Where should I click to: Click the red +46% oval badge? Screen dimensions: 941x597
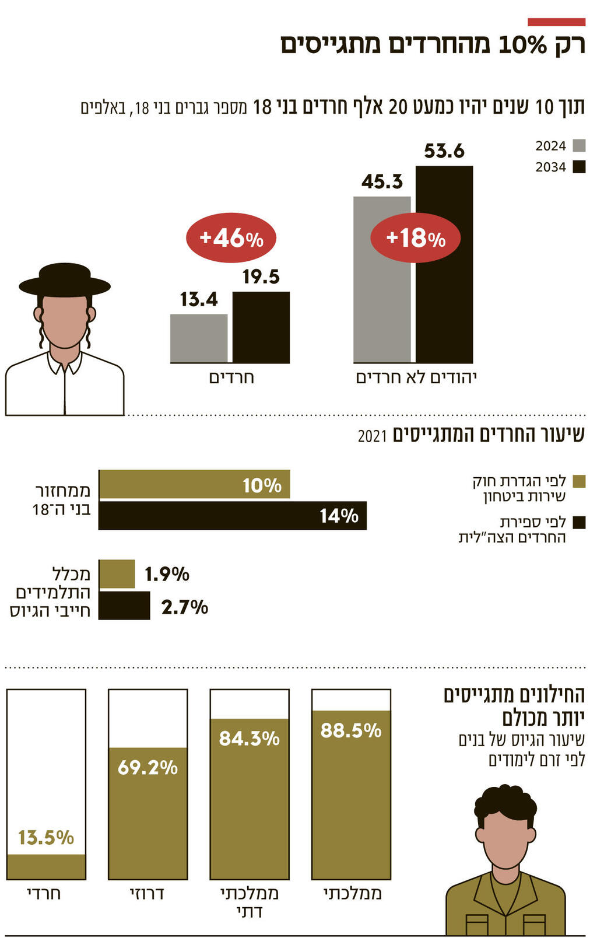pyautogui.click(x=231, y=238)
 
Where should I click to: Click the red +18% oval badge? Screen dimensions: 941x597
pyautogui.click(x=415, y=238)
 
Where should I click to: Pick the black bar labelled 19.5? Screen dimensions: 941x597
pyautogui.click(x=261, y=327)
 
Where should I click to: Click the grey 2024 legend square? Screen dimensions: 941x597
pyautogui.click(x=579, y=146)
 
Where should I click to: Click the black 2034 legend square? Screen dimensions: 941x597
pyautogui.click(x=579, y=167)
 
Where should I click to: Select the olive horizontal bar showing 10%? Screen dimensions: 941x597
pyautogui.click(x=194, y=484)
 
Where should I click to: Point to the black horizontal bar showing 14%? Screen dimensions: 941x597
pyautogui.click(x=233, y=516)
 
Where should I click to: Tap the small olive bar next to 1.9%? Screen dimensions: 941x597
pyautogui.click(x=117, y=574)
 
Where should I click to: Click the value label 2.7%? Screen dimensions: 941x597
pyautogui.click(x=184, y=607)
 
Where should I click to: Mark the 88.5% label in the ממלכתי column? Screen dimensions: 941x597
pyautogui.click(x=351, y=730)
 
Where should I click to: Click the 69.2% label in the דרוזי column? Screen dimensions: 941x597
pyautogui.click(x=148, y=767)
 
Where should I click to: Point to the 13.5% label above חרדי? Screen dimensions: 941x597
pyautogui.click(x=46, y=838)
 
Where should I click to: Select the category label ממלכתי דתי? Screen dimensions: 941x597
pyautogui.click(x=250, y=902)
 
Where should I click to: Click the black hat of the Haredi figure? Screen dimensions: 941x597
pyautogui.click(x=64, y=281)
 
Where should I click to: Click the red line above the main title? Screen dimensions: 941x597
pyautogui.click(x=556, y=22)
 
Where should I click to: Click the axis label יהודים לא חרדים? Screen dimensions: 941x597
pyautogui.click(x=416, y=377)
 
